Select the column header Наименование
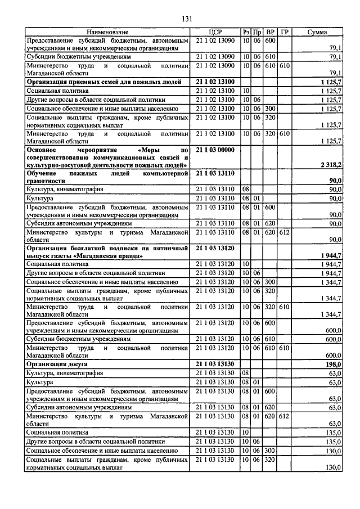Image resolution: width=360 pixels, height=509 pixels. click(107, 33)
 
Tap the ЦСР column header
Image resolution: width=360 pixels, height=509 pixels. click(216, 33)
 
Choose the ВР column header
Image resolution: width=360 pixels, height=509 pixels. click(270, 33)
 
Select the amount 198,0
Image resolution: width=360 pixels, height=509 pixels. click(332, 364)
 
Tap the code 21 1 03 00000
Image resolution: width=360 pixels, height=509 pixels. click(216, 150)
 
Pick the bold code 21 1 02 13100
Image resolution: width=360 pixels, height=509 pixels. click(216, 82)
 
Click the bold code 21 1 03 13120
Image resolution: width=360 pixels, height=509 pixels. click(216, 247)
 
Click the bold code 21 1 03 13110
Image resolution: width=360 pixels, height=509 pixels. click(216, 173)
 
